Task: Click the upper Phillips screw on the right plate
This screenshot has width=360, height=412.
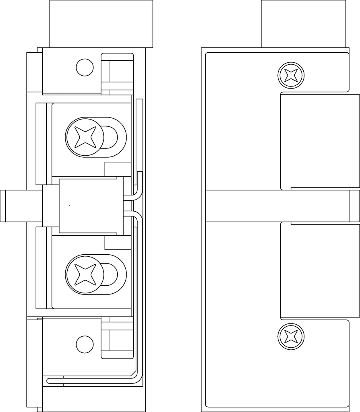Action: click(291, 75)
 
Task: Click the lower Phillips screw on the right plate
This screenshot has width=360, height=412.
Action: click(291, 336)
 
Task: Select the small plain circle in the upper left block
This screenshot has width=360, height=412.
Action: click(85, 67)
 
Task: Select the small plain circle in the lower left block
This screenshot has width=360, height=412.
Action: click(85, 344)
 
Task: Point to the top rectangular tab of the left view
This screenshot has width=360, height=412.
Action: click(101, 23)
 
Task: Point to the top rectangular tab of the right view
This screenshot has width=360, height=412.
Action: click(303, 23)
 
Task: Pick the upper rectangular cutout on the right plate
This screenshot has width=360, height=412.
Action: click(320, 141)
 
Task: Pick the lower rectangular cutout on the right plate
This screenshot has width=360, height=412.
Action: click(320, 270)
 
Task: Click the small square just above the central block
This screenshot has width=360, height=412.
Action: click(118, 169)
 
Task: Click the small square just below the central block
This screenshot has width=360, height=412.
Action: click(118, 243)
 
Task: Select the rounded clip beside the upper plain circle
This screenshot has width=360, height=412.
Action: click(117, 71)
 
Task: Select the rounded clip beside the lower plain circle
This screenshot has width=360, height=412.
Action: click(117, 340)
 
